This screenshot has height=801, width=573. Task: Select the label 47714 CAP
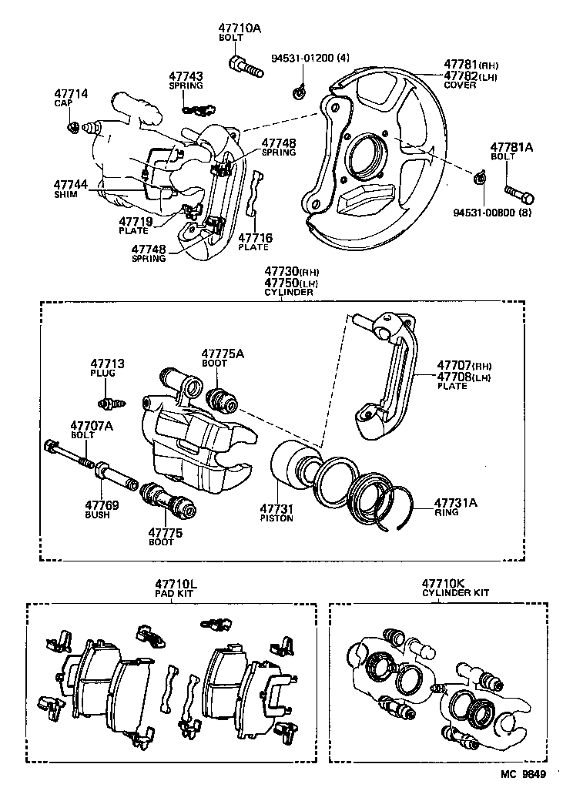point(71,98)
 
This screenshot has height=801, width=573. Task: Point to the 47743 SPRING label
point(186,80)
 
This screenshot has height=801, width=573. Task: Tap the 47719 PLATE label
point(136,226)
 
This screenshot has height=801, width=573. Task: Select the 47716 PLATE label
point(253,242)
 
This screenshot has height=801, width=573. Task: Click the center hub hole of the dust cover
point(364,159)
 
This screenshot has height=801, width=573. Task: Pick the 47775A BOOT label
point(223,357)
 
